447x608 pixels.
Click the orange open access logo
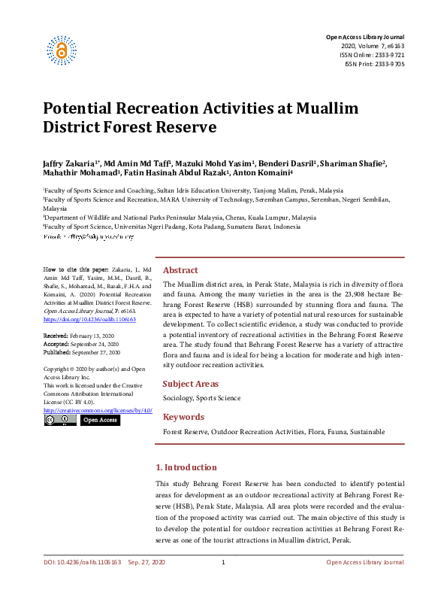62,50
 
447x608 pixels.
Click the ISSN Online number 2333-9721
389,55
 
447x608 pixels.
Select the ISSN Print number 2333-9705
389,64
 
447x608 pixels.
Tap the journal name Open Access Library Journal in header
365,37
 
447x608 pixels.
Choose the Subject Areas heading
190,384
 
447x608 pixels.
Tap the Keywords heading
183,417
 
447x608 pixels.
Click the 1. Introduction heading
186,467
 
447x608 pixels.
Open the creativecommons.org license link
98,410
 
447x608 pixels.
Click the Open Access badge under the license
99,420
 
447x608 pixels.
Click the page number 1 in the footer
223,564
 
